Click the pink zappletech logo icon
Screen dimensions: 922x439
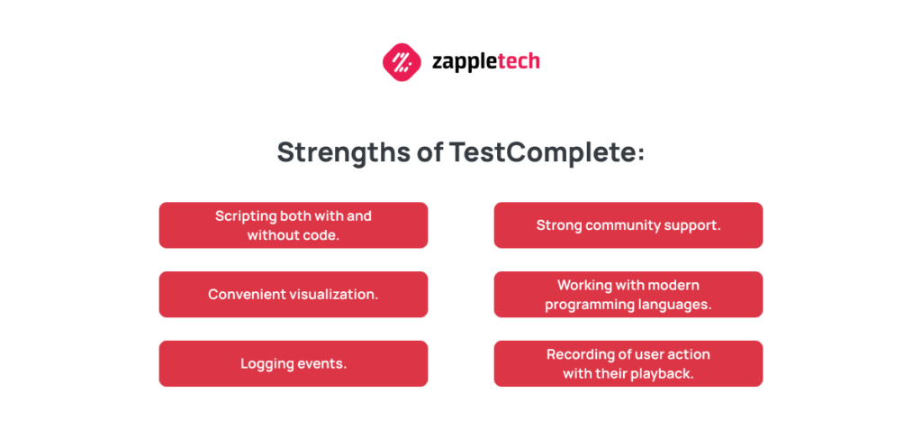(402, 62)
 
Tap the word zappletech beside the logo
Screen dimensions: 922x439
(485, 61)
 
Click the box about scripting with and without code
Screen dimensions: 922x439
(294, 225)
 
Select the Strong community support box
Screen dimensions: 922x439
(628, 225)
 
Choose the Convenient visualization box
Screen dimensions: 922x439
(294, 294)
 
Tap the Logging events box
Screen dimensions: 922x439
(294, 363)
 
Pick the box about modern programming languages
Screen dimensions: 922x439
(628, 294)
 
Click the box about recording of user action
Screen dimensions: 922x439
(628, 363)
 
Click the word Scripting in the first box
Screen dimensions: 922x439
(246, 216)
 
